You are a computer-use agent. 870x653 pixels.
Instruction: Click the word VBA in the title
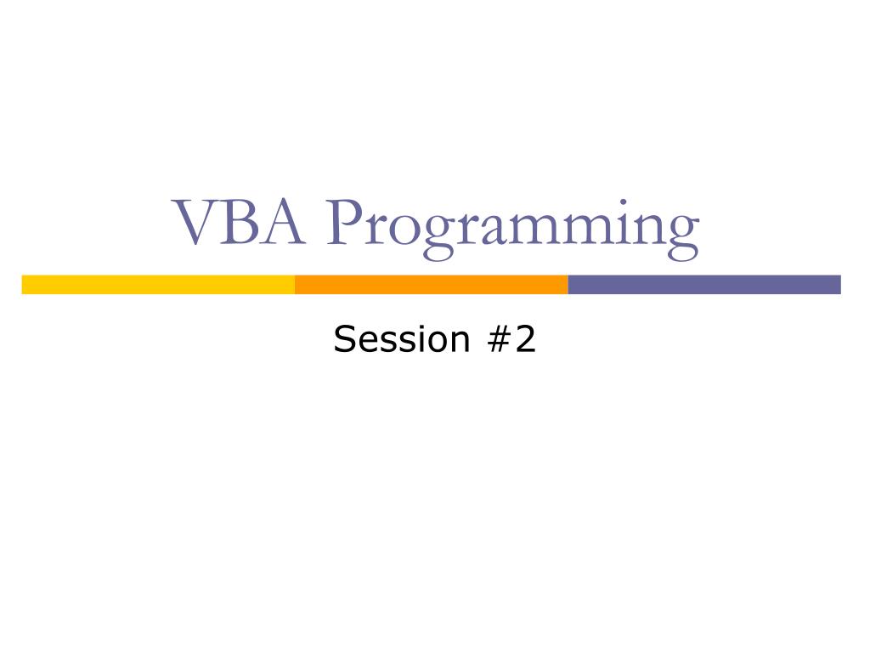point(240,224)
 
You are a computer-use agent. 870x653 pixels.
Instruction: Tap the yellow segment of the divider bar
point(158,285)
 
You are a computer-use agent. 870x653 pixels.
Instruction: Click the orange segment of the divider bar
point(431,285)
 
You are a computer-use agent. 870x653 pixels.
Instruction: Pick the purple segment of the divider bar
point(704,285)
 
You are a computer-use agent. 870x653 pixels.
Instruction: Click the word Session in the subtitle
point(401,339)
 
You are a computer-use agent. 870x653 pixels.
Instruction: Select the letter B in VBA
point(242,224)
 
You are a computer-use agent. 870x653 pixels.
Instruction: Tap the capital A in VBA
point(284,224)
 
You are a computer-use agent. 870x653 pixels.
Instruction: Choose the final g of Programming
point(681,236)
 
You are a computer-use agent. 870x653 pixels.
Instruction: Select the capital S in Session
point(343,339)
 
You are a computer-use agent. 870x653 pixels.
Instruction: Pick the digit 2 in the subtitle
point(526,339)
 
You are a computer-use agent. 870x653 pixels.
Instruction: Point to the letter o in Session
point(438,342)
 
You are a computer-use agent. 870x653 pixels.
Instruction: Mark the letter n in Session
point(460,342)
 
